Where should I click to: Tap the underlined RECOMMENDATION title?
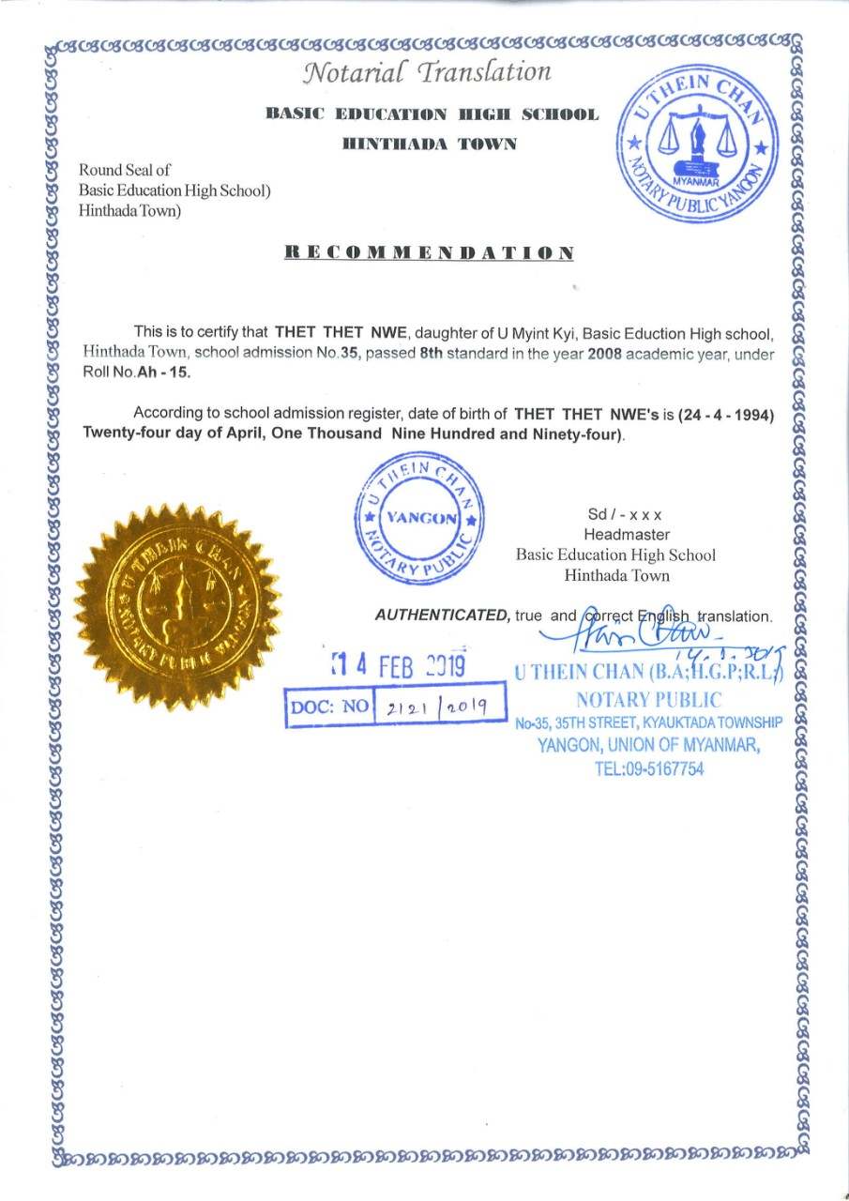coord(429,252)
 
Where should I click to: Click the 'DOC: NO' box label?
coord(330,706)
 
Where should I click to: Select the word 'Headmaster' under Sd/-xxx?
coord(614,535)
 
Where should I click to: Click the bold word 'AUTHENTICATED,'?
coord(443,616)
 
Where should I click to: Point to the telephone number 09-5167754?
coord(648,769)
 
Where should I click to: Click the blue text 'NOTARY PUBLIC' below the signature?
coord(648,699)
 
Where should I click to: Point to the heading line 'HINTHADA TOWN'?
coord(430,144)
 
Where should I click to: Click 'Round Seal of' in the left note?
coord(125,170)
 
